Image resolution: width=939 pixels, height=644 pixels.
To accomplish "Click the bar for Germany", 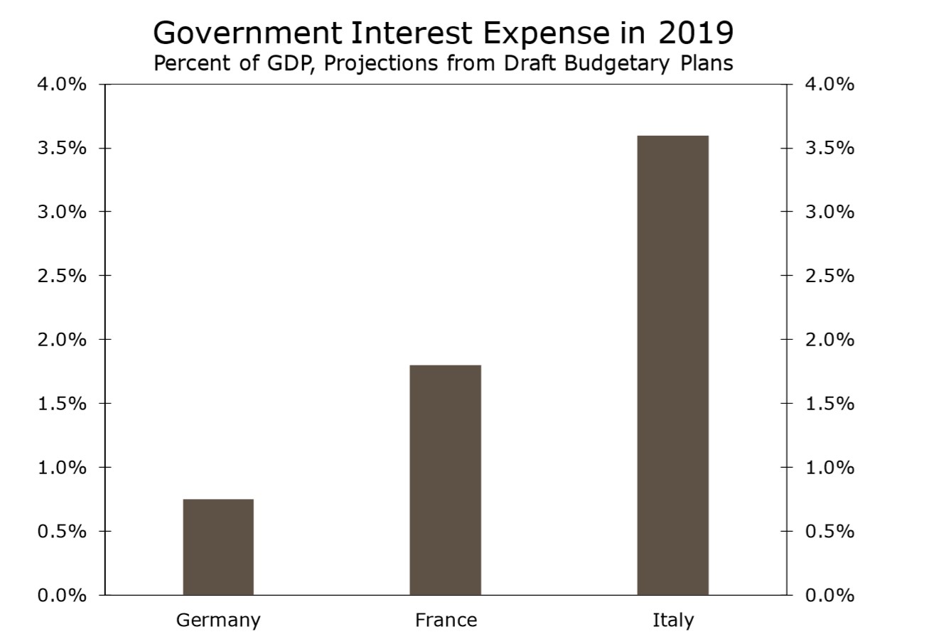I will click(x=218, y=547).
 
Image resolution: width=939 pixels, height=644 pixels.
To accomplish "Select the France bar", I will click(x=446, y=480).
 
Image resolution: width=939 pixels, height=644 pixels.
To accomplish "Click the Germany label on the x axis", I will click(x=218, y=621).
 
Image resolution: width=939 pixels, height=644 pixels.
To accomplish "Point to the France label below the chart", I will click(x=446, y=621).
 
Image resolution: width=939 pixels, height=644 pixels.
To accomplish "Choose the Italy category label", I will click(x=672, y=621).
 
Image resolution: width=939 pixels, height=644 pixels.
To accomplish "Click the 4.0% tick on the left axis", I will click(x=62, y=85).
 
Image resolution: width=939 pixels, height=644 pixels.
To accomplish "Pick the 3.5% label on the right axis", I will click(x=830, y=149).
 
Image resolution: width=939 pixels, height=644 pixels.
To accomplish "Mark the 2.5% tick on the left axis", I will click(x=62, y=276).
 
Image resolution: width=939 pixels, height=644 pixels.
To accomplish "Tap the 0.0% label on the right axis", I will click(x=830, y=595).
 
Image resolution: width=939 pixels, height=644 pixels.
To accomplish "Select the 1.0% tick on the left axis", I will click(x=62, y=468).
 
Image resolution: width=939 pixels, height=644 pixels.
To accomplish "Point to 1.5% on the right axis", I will click(x=830, y=404).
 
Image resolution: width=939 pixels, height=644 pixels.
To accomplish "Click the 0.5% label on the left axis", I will click(x=62, y=531).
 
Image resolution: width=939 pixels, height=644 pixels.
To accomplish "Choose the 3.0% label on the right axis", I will click(x=830, y=212).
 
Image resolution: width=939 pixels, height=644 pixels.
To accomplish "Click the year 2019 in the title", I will click(x=696, y=32).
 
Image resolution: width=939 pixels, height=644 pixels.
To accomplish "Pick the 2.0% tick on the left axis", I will click(x=62, y=340).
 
